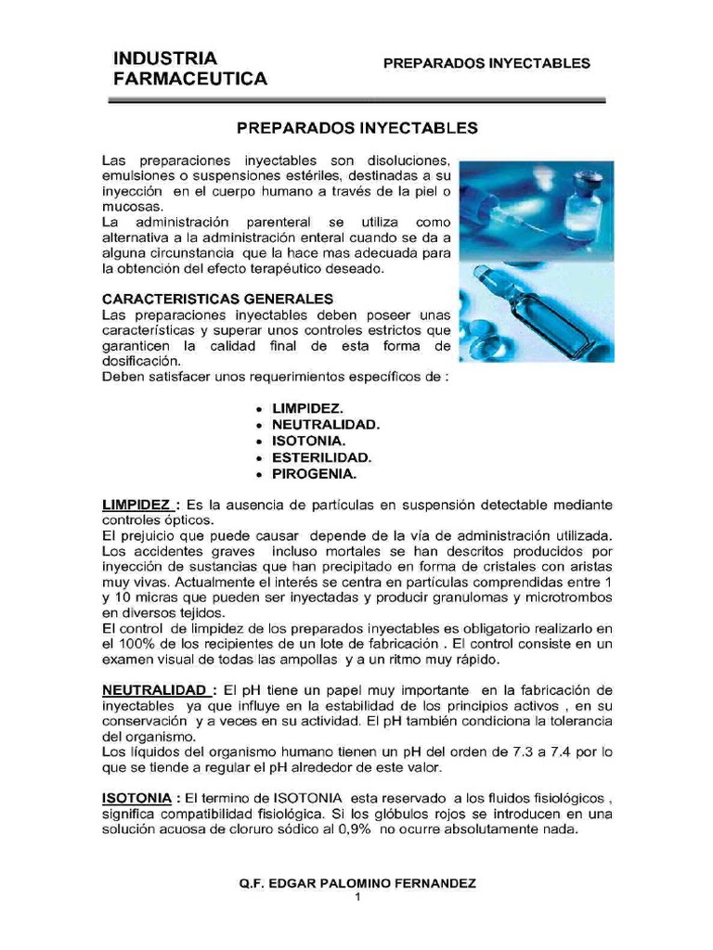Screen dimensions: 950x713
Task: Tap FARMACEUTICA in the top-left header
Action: pos(189,80)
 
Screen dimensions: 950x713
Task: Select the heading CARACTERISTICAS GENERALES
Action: pos(217,299)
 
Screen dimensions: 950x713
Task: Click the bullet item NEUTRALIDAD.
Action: pos(326,424)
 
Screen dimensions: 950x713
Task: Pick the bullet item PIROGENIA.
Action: pos(314,473)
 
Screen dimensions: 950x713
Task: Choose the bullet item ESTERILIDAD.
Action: pos(321,457)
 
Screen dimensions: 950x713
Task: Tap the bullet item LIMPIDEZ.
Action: pos(306,408)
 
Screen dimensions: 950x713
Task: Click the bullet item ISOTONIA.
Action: pos(308,441)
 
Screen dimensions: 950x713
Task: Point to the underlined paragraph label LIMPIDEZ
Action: pos(136,505)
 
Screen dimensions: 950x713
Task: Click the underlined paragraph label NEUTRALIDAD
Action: pos(154,691)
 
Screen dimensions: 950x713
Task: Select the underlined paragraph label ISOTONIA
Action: pos(135,798)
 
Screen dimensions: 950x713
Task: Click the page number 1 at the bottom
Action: pos(357,897)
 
